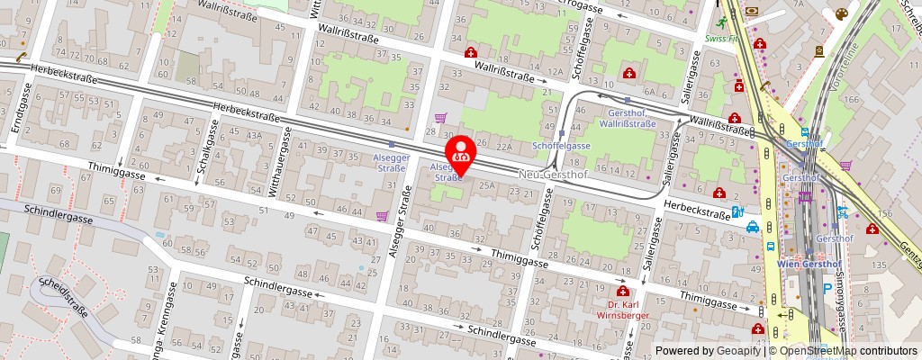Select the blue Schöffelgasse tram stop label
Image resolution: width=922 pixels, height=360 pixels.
pos(561,145)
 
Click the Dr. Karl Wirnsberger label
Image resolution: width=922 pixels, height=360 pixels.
pos(622,310)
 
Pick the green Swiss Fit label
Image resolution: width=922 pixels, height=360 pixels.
pos(722,40)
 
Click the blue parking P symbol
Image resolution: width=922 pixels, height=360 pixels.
pos(827,289)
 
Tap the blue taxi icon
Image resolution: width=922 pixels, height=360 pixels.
pos(753,228)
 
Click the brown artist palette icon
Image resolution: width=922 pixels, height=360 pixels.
pos(840,14)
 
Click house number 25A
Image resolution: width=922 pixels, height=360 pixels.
pos(487,185)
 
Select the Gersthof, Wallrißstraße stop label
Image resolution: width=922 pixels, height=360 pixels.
pos(626,118)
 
